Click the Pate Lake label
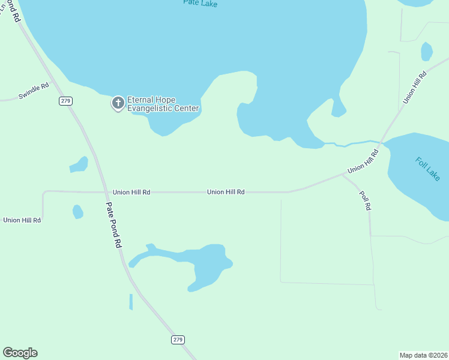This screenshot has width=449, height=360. pos(200,4)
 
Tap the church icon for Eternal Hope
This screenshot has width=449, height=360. pos(118,103)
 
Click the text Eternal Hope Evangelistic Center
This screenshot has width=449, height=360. pos(163,104)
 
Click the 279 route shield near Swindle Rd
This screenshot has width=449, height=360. pos(65,100)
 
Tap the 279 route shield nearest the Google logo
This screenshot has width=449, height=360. pos(177,340)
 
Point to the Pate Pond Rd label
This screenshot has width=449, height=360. pos(114,225)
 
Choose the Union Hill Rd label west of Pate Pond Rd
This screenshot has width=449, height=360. pos(22,220)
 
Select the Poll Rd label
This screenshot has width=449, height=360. pos(366,200)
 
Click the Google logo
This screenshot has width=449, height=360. pos(20,353)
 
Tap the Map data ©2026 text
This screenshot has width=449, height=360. pos(423,355)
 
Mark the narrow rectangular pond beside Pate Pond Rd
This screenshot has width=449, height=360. pos(131,302)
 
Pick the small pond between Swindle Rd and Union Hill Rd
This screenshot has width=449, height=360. pos(79,164)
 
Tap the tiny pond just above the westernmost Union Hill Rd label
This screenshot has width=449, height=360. pos(78,212)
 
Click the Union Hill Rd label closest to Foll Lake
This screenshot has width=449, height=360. pos(364,162)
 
